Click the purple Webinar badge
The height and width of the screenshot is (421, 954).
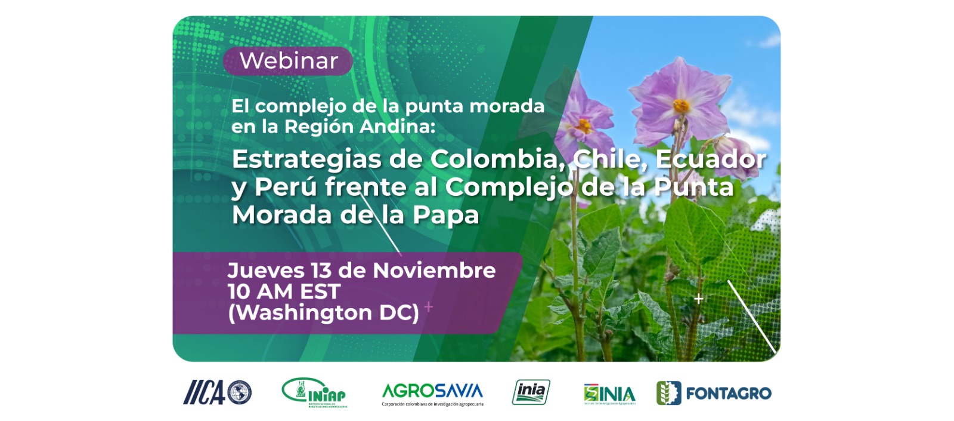coord(288,61)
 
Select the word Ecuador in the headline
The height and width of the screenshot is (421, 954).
coord(711,159)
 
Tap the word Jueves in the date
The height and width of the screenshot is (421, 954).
coord(267,271)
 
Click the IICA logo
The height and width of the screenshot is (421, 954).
coord(217,392)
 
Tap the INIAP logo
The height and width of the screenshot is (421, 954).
coord(314,392)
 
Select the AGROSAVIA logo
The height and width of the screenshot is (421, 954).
coord(432,392)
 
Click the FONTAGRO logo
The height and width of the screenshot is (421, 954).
coord(714,393)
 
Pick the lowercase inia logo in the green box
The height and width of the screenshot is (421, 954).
coord(531,392)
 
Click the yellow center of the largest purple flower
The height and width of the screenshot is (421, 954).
coord(681,107)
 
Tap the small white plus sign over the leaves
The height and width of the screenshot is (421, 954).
coord(699,299)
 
